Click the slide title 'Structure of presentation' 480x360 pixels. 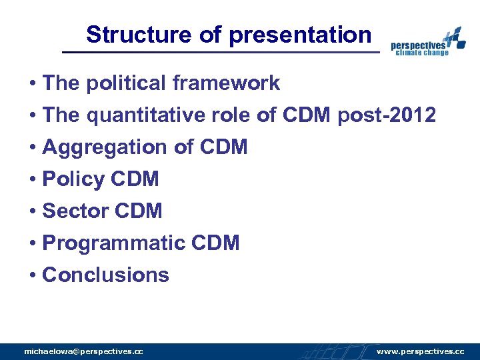click(x=228, y=35)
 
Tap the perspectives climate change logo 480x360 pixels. click(x=427, y=43)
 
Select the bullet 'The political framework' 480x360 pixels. click(x=161, y=83)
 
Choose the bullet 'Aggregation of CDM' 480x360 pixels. click(x=144, y=147)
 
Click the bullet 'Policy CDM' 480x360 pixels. click(x=100, y=179)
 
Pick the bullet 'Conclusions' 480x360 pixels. click(x=105, y=275)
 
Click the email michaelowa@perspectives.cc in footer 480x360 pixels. click(x=83, y=351)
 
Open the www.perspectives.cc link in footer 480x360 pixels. click(x=420, y=351)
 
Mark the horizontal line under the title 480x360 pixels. click(x=220, y=52)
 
